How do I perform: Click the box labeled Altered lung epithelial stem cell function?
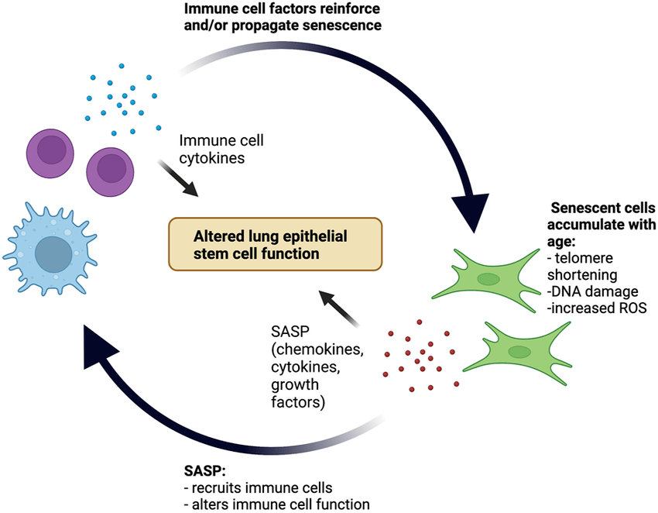[x=276, y=243]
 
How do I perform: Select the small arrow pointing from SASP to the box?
[x=341, y=309]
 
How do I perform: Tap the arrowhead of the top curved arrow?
[x=473, y=211]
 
